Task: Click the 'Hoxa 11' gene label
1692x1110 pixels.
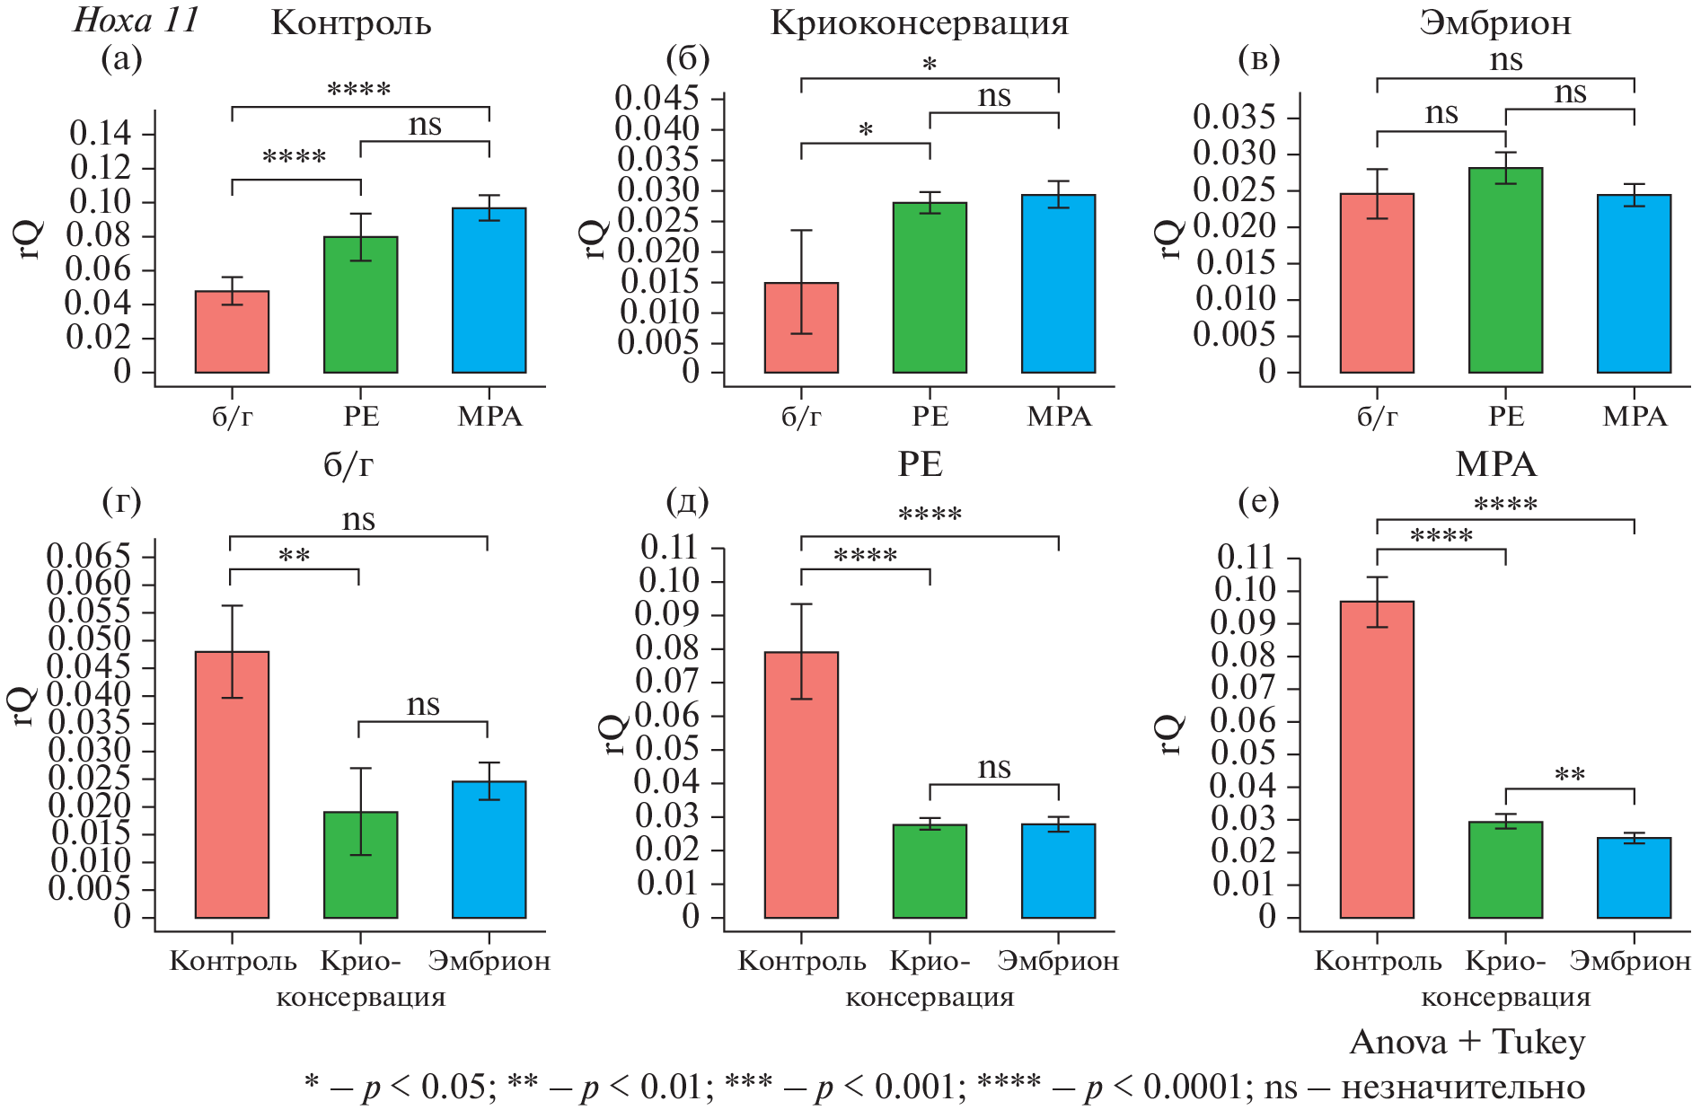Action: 136,20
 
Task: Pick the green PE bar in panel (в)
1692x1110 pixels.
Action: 1505,270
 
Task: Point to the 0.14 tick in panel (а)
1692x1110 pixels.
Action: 100,134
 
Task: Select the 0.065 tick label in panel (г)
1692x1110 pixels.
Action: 89,555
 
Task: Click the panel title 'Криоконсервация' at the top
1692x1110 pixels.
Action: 920,23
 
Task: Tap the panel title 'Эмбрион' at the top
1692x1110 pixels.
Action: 1495,23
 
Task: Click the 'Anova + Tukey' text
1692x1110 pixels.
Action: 1467,1042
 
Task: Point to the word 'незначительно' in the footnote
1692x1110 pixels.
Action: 1463,1088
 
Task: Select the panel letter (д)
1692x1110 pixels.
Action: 687,501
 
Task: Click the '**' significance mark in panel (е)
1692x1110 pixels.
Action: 1569,775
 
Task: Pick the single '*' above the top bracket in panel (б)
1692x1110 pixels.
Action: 930,65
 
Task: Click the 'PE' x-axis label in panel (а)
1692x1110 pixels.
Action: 361,417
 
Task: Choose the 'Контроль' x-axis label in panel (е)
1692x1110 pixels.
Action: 1377,961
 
